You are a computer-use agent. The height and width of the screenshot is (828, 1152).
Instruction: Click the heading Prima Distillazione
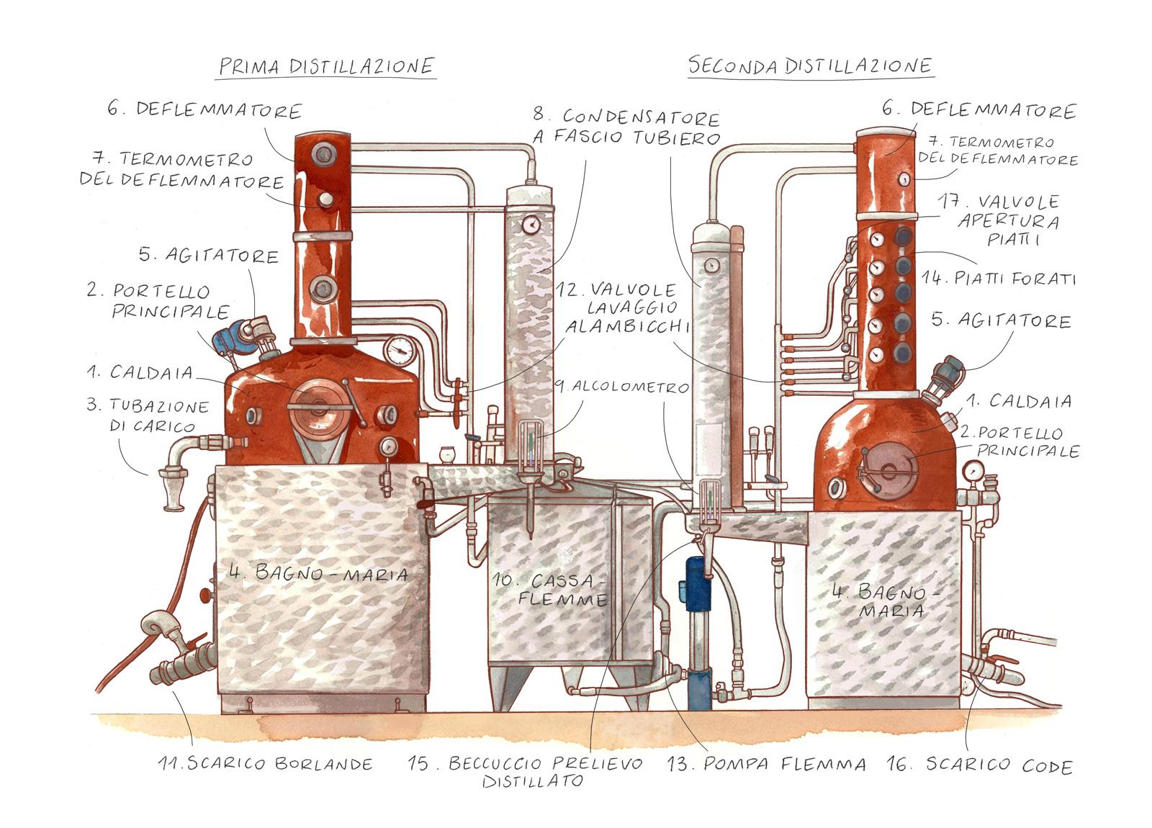click(x=327, y=67)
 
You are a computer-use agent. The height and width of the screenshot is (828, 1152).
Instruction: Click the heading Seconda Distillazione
click(x=810, y=66)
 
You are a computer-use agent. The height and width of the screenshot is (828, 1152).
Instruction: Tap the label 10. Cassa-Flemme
click(x=549, y=590)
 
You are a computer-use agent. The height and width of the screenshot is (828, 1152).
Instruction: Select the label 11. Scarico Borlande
click(x=266, y=764)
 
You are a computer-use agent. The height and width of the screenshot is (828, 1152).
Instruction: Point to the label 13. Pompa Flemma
click(x=766, y=764)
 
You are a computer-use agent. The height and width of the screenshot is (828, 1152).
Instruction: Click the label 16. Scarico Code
click(x=980, y=765)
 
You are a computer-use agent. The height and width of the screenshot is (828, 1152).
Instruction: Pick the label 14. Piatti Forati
click(x=999, y=279)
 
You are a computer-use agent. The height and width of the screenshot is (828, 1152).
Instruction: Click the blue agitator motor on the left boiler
click(x=234, y=337)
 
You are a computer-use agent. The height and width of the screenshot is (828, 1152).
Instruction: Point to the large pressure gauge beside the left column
click(x=399, y=350)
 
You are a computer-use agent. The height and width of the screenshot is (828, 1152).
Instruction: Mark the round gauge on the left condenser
click(x=530, y=224)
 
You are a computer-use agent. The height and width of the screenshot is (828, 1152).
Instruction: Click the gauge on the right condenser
click(x=712, y=264)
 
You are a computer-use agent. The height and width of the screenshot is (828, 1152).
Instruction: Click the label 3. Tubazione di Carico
click(x=148, y=415)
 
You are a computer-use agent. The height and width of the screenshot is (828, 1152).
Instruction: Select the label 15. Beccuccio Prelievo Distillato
click(x=526, y=771)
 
